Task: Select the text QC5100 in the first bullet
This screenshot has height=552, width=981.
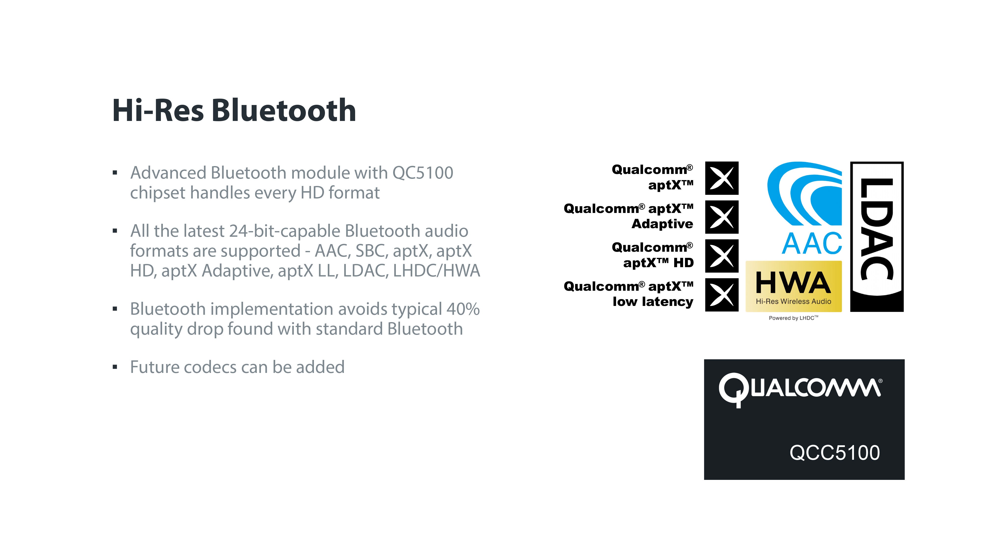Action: coord(423,173)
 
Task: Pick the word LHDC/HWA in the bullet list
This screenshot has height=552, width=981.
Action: coord(437,271)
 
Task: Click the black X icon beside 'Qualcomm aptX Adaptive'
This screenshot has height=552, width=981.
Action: coord(722,217)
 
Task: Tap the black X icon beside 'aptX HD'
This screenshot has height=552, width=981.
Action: coord(722,256)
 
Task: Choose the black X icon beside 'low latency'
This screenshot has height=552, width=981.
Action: coord(722,295)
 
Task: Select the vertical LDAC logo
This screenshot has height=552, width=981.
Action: coord(877,237)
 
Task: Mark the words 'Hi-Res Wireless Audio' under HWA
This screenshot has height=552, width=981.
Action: coord(793,301)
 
